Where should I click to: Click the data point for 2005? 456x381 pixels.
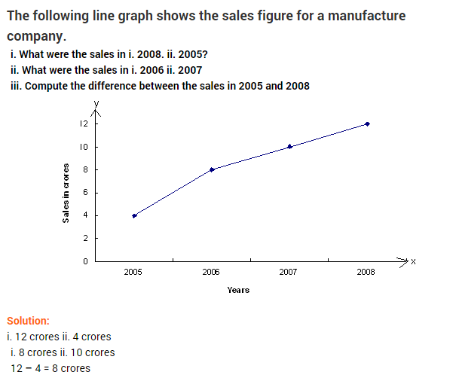[134, 215]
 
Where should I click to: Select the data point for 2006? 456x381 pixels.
[212, 169]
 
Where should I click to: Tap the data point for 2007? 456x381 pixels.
[289, 146]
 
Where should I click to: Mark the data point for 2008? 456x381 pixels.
[367, 123]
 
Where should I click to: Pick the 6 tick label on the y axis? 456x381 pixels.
[86, 193]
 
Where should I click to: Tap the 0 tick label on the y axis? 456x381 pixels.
[86, 261]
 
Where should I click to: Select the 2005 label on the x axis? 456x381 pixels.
[133, 271]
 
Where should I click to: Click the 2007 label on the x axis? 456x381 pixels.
[288, 271]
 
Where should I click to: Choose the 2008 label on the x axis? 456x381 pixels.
[366, 271]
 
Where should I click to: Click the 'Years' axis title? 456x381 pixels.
[238, 290]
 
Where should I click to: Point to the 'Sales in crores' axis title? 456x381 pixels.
[66, 193]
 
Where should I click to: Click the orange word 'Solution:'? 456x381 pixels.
[28, 321]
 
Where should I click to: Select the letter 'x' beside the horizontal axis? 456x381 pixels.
[413, 261]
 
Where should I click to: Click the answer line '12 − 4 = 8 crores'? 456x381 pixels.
[50, 368]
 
